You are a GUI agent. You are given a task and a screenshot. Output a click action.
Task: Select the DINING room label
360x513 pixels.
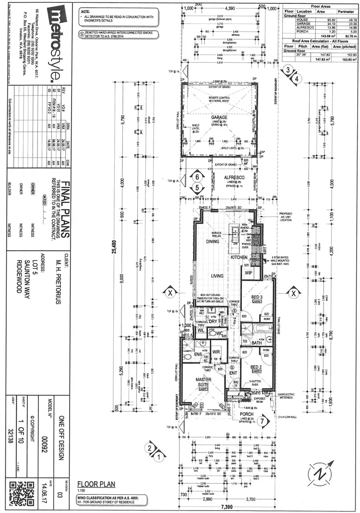(212, 241)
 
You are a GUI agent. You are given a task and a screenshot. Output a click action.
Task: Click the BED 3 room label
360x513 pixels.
(256, 297)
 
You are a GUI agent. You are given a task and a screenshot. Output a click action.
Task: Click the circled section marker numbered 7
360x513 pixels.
(262, 422)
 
